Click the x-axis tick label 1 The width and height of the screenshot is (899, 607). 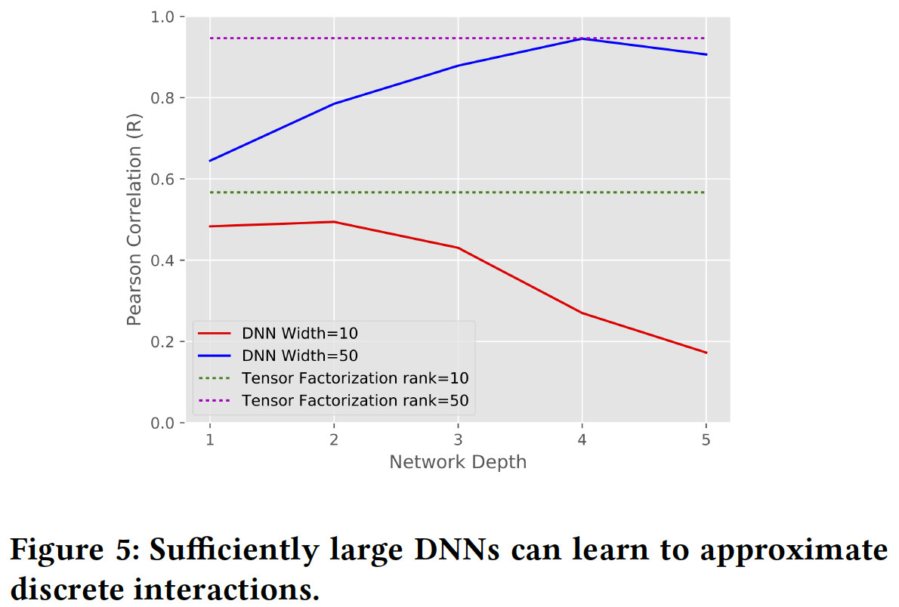point(210,439)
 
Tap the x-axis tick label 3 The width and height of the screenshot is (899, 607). point(458,439)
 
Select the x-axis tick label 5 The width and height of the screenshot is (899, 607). point(706,439)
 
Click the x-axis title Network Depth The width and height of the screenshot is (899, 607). point(458,462)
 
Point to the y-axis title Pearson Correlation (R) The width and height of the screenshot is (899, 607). point(134,220)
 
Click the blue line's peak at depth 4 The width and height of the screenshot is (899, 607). point(582,38)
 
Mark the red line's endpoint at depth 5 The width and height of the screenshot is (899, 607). point(706,353)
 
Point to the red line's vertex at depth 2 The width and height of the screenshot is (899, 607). point(334,222)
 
